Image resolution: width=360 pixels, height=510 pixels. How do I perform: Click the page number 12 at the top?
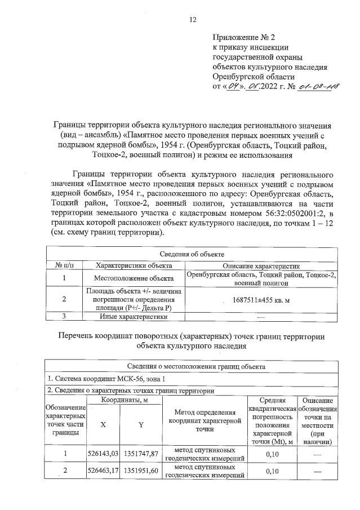(x=192, y=20)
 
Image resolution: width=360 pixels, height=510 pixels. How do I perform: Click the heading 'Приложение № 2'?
(x=242, y=37)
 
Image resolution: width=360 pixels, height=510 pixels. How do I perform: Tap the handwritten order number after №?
(x=313, y=87)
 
